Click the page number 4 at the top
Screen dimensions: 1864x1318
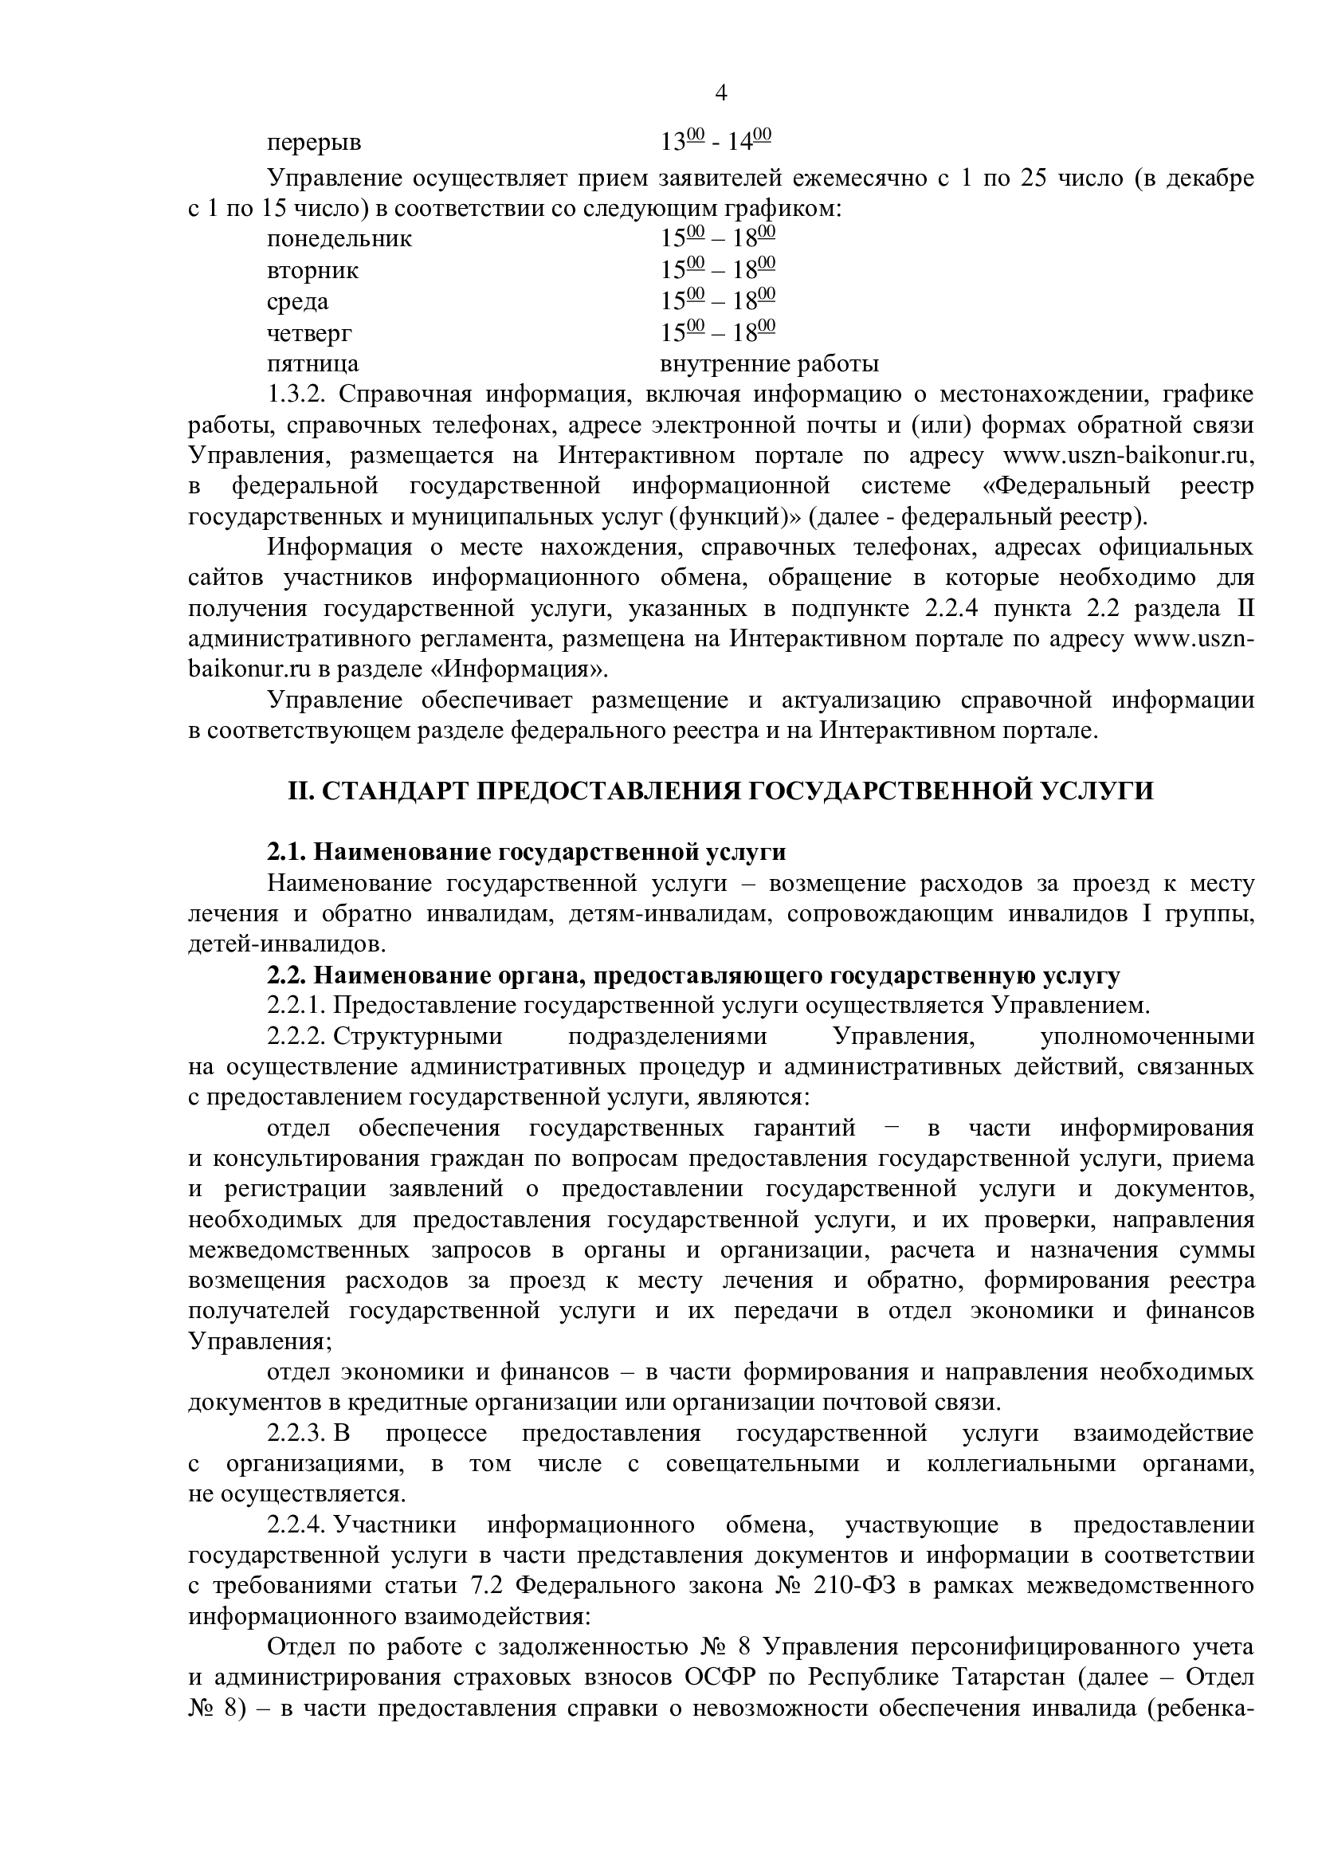[x=720, y=93]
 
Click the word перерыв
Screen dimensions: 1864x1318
[x=314, y=143]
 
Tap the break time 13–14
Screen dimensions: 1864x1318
[x=716, y=141]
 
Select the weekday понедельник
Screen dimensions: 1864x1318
[x=339, y=240]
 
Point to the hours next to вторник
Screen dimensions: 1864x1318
[x=718, y=269]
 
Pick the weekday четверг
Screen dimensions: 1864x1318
[x=309, y=333]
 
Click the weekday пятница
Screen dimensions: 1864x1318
[x=312, y=363]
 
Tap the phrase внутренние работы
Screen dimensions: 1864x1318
[x=770, y=363]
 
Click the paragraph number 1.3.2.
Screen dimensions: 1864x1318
[x=296, y=394]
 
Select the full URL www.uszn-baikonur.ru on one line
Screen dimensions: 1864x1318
[x=1128, y=456]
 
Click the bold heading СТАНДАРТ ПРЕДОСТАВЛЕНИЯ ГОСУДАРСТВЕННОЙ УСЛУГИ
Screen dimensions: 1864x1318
[x=720, y=791]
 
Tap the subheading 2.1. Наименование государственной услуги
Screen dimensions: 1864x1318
[x=526, y=853]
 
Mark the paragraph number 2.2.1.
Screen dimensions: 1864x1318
[x=297, y=1006]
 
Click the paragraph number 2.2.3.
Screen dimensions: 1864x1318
[x=297, y=1434]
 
